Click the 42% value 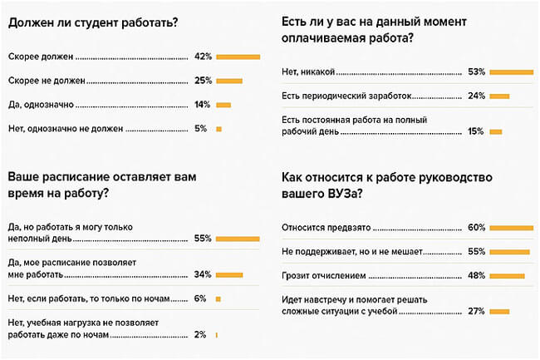tap(203, 57)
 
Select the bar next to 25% tap(228, 81)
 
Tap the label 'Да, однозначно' tap(42, 105)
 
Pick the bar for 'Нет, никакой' tap(510, 72)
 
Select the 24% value tap(475, 96)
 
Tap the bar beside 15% tap(496, 131)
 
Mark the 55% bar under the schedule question tap(238, 239)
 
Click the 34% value tap(203, 274)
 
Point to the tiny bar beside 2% tap(217, 334)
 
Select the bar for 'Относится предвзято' tap(511, 227)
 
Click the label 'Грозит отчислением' tap(322, 275)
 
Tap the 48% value tap(475, 275)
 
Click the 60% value tap(475, 227)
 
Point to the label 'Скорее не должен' tap(47, 81)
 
